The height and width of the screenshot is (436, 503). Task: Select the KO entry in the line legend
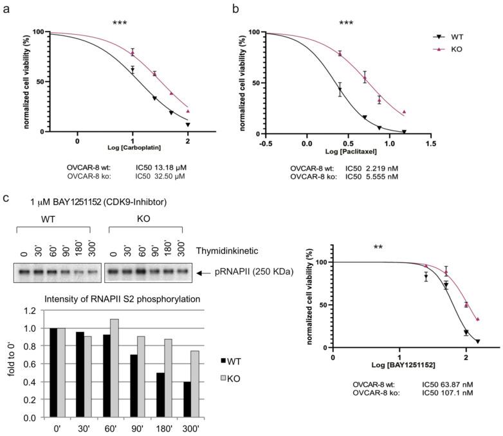pos(457,49)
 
